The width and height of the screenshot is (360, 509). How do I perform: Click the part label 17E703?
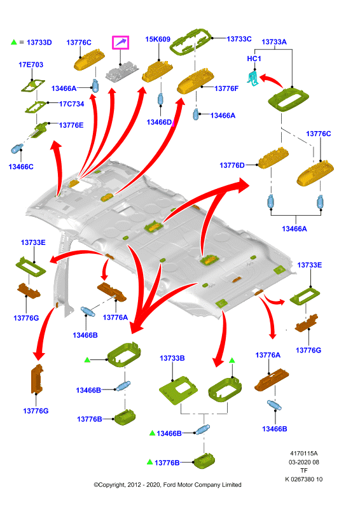pyautogui.click(x=31, y=65)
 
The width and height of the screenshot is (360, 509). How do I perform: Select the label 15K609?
pyautogui.click(x=158, y=39)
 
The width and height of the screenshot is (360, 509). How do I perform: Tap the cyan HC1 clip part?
pyautogui.click(x=254, y=79)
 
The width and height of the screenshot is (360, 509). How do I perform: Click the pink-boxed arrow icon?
pyautogui.click(x=120, y=43)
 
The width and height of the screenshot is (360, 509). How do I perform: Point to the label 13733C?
pyautogui.click(x=239, y=39)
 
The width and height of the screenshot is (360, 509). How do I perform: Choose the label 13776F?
pyautogui.click(x=226, y=88)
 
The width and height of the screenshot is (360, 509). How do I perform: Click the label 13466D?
pyautogui.click(x=159, y=122)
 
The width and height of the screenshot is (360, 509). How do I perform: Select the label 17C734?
pyautogui.click(x=71, y=104)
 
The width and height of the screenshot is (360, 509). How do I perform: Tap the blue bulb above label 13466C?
pyautogui.click(x=17, y=149)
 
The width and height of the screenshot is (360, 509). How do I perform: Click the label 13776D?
pyautogui.click(x=232, y=165)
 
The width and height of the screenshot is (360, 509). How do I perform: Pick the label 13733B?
pyautogui.click(x=172, y=358)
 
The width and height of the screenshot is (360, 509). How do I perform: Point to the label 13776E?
pyautogui.click(x=71, y=125)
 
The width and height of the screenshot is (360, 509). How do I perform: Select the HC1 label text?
pyautogui.click(x=254, y=59)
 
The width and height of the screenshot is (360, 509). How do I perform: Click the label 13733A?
pyautogui.click(x=274, y=42)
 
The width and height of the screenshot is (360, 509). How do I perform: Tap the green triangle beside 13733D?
pyautogui.click(x=13, y=42)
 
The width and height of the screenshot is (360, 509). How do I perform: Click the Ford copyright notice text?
pyautogui.click(x=167, y=485)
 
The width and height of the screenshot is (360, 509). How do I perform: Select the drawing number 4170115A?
pyautogui.click(x=304, y=453)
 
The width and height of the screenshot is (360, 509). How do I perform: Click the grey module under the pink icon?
pyautogui.click(x=122, y=72)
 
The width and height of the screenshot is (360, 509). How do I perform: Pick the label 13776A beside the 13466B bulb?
pyautogui.click(x=115, y=317)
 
